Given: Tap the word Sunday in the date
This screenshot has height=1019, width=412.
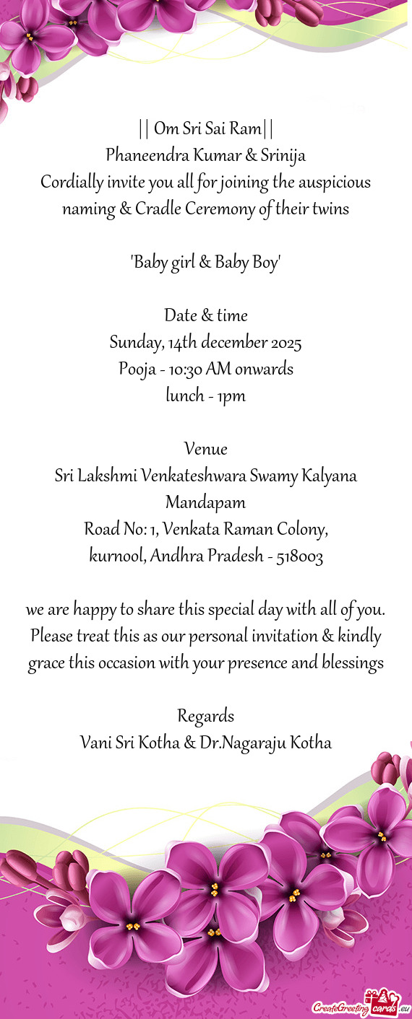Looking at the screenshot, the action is click(134, 342).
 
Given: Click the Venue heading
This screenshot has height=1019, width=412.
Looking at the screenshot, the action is click(206, 450).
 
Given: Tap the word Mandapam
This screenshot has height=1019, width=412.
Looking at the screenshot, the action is click(206, 502).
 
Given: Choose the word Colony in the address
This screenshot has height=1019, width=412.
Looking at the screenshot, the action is click(303, 530).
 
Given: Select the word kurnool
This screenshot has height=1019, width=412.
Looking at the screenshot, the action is click(117, 556).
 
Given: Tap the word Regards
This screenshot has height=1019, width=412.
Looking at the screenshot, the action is click(206, 696).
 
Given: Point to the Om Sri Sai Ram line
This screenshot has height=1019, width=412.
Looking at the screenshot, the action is click(206, 129).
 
